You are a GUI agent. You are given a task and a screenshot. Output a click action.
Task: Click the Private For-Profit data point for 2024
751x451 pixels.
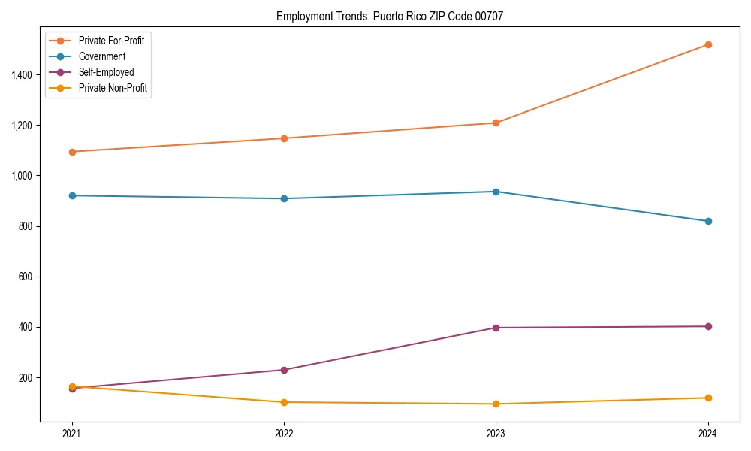point(708,44)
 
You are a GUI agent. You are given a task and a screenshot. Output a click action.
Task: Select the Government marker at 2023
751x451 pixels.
point(496,192)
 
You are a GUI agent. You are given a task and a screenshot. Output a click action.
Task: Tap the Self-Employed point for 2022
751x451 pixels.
point(284,370)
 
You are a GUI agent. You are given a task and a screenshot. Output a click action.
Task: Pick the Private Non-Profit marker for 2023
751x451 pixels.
point(496,404)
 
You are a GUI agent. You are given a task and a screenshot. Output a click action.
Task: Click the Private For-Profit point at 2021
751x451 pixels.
point(72,152)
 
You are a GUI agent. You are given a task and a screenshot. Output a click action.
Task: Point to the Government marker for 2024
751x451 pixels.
point(708,221)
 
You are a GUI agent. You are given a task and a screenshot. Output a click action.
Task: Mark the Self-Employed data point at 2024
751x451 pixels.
point(708,326)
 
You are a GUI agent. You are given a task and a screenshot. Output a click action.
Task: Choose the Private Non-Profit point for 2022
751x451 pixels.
point(284,402)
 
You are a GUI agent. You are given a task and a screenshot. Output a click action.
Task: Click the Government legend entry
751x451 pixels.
point(101,56)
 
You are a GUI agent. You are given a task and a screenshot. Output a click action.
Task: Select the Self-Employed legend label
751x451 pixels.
point(106,72)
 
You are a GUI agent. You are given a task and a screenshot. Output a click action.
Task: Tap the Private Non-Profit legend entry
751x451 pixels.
point(113,88)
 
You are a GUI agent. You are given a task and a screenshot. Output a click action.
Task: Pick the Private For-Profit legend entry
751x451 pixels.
point(111,41)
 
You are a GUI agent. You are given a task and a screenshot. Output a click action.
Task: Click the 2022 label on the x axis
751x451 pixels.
point(284,433)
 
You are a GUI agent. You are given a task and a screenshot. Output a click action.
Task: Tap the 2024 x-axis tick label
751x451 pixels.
point(708,433)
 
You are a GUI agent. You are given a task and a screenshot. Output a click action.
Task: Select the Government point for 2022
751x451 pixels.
point(284,198)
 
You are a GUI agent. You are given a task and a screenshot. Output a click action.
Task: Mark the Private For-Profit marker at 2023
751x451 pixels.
point(496,123)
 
